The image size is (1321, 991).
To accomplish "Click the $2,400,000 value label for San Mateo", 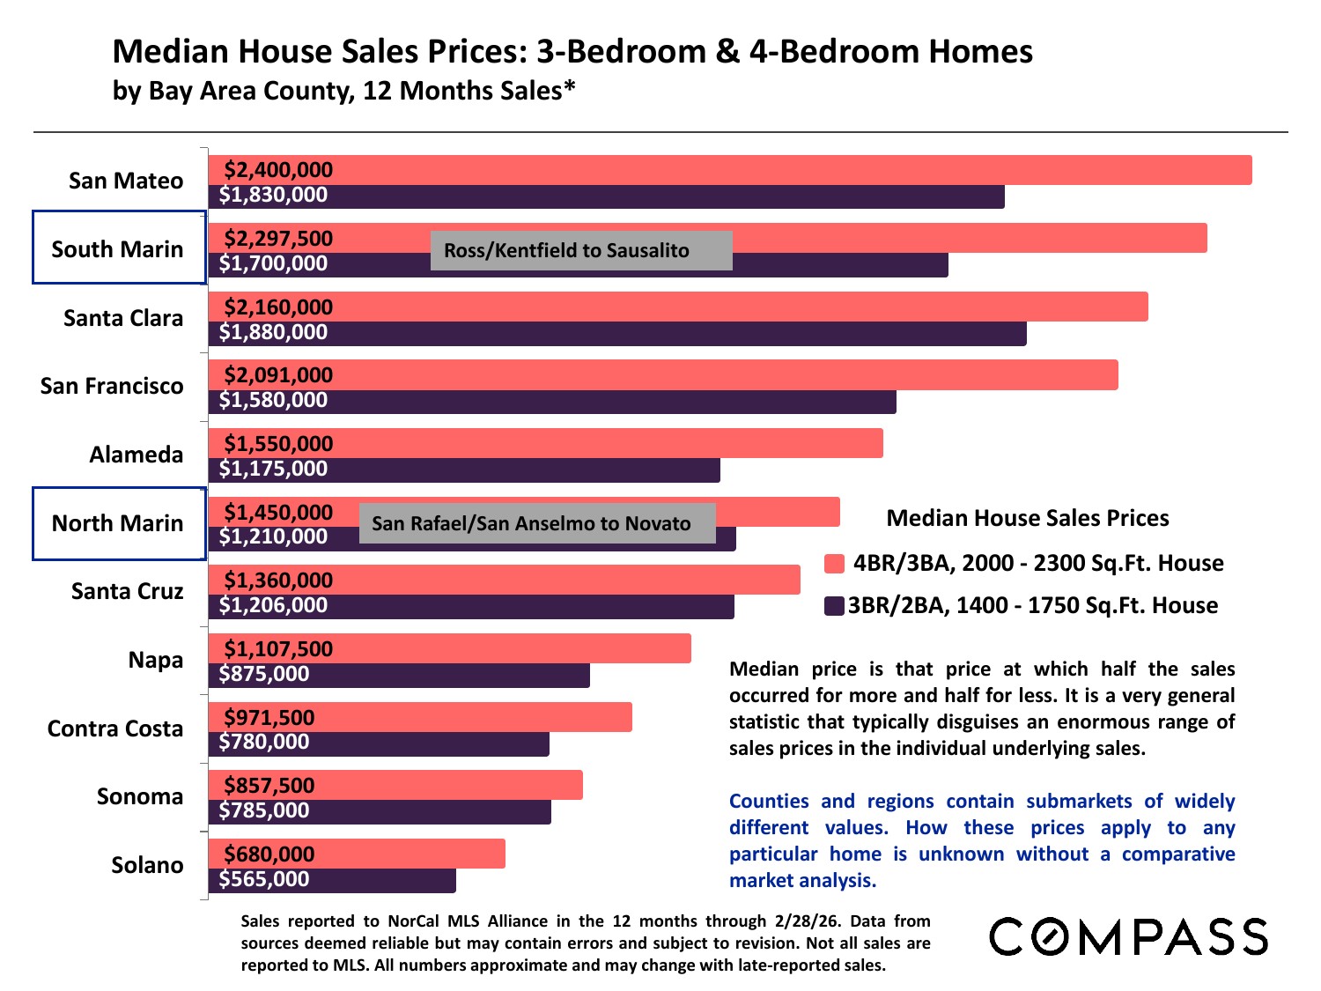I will coord(278,170).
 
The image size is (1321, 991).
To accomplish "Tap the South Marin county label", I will coord(118,249).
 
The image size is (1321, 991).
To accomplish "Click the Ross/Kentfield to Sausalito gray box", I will coord(580,250).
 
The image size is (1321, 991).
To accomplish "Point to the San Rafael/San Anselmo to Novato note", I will coord(536,523).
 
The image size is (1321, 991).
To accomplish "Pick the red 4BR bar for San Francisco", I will coord(705,375).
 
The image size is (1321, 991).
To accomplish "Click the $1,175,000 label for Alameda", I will coord(273,469).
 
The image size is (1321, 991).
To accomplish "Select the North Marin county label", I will coord(118,523).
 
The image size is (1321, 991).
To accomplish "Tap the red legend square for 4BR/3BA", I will coord(834,564).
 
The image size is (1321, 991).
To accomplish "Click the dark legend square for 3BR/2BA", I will coord(834,606).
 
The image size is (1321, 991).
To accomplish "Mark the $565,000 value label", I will coord(264,879).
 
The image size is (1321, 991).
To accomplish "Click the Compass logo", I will coord(1128,936).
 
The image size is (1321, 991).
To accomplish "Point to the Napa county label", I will coord(156,660).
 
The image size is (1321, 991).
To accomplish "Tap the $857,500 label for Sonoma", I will coord(269,786).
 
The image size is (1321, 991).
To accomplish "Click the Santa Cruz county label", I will coord(128,591).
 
